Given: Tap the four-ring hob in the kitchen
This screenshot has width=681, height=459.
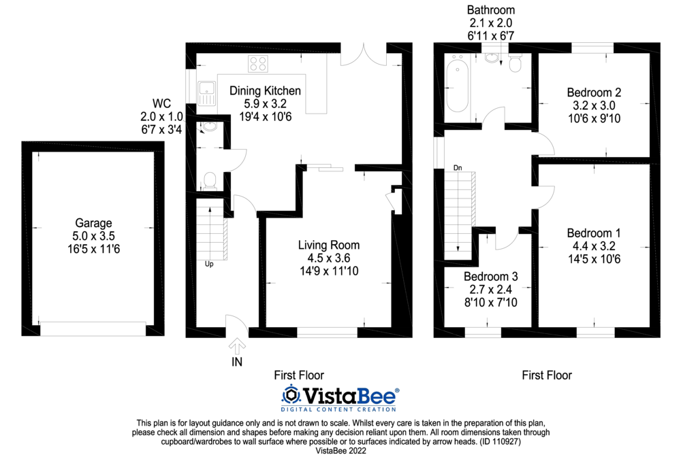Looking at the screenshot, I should [258, 64].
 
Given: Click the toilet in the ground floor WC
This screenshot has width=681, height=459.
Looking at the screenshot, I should [210, 180].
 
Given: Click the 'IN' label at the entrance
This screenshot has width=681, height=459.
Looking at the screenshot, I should [236, 362].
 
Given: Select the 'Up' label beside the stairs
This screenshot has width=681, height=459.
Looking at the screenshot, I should [209, 264].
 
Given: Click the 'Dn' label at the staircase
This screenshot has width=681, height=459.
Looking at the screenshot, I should [458, 167].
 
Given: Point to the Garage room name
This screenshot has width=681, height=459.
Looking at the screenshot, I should [93, 223].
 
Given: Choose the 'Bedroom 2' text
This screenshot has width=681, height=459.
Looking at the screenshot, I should [594, 92].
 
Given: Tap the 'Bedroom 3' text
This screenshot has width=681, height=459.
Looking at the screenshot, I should [490, 277].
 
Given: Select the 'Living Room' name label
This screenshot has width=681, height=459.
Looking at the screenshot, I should [329, 245].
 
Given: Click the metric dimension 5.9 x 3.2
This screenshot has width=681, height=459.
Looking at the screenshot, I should [265, 104].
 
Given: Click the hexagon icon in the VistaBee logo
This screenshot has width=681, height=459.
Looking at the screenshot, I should [291, 395].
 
